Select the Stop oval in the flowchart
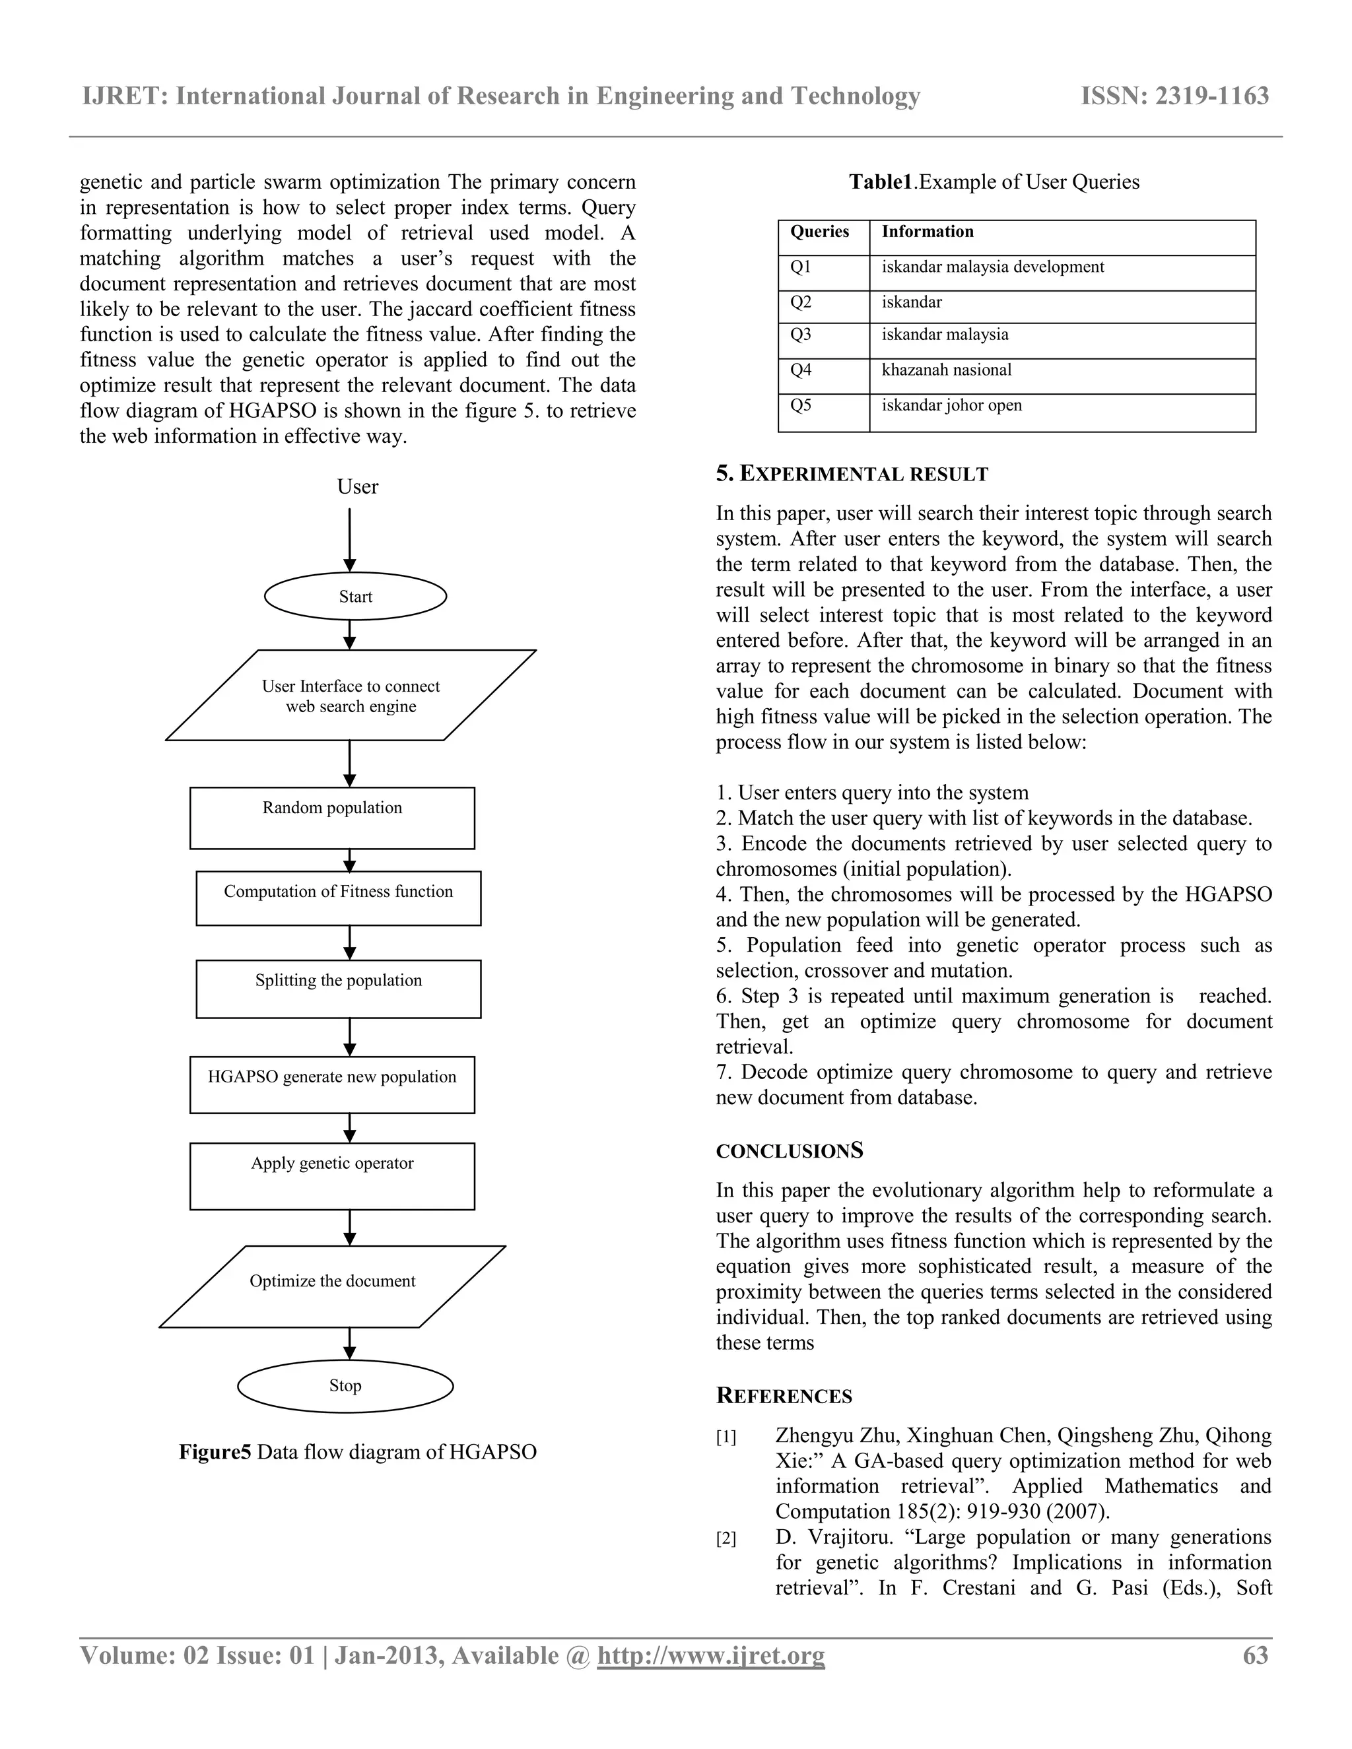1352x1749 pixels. [345, 1385]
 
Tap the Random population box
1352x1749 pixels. [331, 818]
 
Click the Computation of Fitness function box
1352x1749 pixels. [338, 898]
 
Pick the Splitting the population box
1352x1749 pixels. [338, 988]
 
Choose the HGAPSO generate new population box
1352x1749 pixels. [331, 1084]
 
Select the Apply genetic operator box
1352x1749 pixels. [331, 1175]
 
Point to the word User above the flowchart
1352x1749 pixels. [357, 487]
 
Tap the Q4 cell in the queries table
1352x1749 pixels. [823, 376]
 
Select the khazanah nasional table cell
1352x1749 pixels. [1062, 376]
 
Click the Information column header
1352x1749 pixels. [1062, 238]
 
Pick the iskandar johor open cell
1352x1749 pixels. [1062, 412]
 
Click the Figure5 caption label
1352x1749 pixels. [214, 1452]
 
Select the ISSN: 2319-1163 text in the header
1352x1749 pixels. [1174, 96]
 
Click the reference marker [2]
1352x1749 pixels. [726, 1538]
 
